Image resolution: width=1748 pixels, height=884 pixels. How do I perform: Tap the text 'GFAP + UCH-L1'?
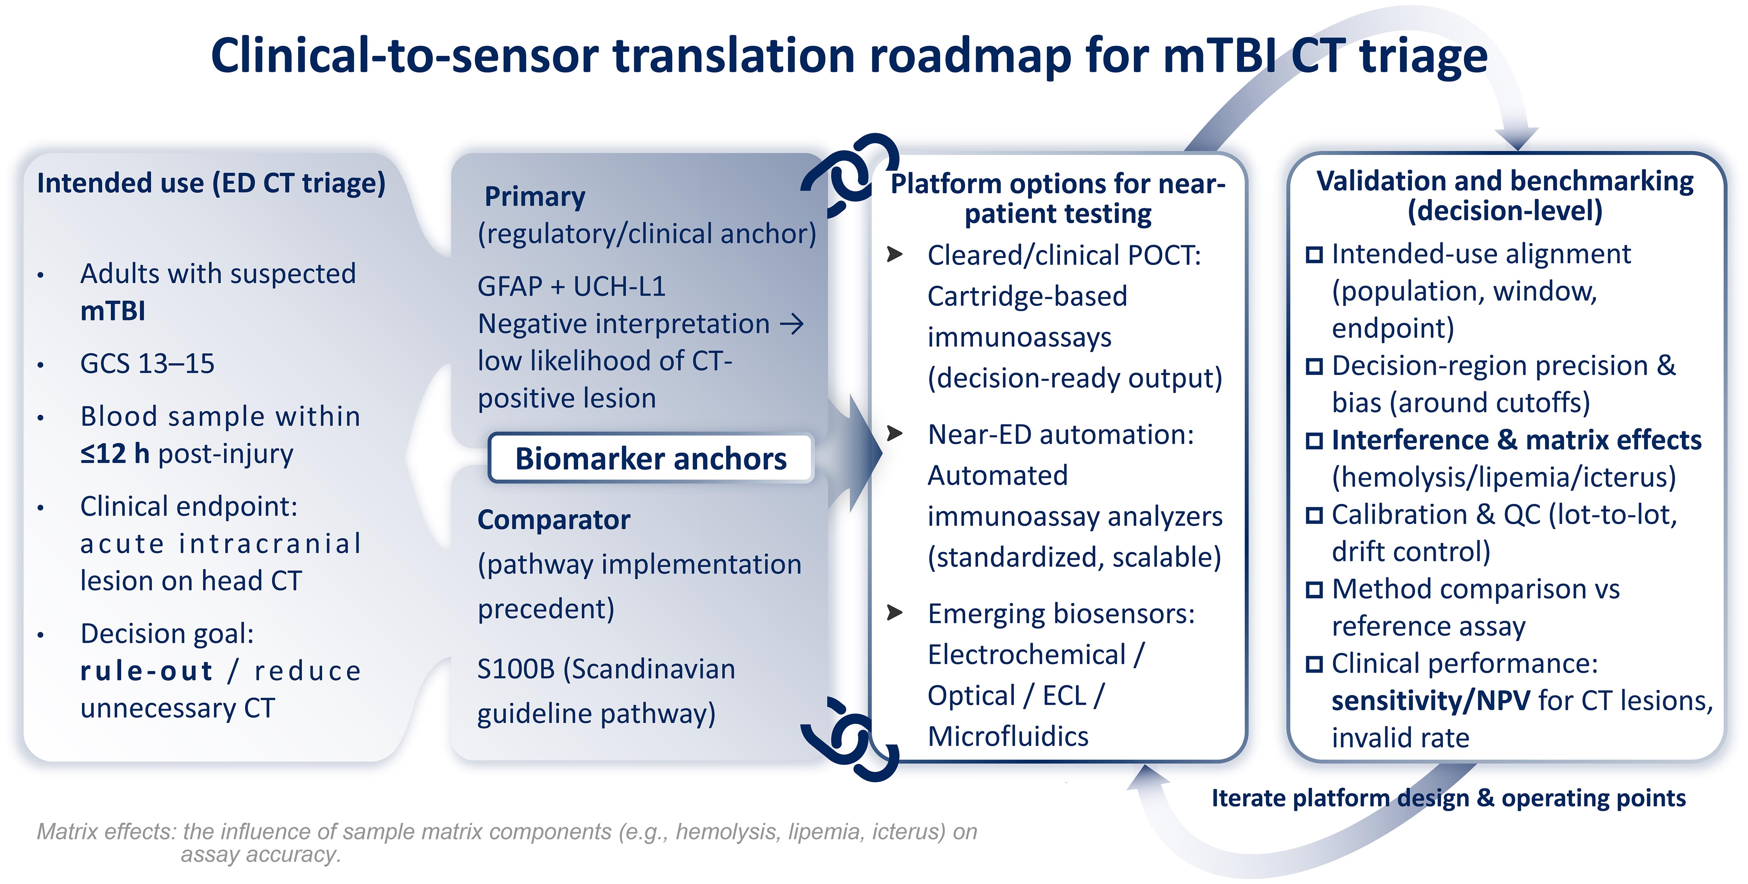tap(571, 286)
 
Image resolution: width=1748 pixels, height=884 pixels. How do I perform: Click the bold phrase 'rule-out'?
tap(146, 671)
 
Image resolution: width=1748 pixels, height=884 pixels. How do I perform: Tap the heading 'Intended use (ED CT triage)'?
tap(211, 183)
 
